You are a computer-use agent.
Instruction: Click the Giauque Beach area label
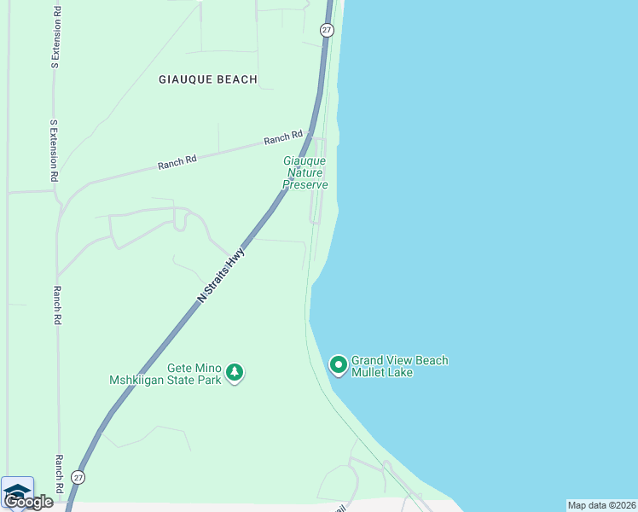point(208,79)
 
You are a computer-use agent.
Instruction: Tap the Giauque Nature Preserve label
point(305,172)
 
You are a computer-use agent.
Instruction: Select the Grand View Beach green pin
point(339,366)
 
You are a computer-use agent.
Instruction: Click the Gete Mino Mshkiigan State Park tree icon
point(235,373)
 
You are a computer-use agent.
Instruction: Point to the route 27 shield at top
point(327,30)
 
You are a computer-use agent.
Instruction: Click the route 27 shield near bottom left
point(78,477)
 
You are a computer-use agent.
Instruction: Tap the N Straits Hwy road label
point(221,275)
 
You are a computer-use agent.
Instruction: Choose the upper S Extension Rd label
point(56,36)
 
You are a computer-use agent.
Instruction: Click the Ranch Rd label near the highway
point(283,137)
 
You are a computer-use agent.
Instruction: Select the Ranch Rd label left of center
point(177,162)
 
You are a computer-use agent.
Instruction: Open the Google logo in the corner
point(28,502)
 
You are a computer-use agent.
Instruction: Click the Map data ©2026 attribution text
point(601,505)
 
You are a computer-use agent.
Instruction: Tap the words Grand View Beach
point(399,361)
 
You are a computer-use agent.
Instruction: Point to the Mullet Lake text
point(382,373)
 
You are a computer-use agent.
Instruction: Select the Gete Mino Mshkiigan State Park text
point(165,373)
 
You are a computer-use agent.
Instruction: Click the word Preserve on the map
point(305,184)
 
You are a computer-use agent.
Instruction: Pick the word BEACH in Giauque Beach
point(236,79)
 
